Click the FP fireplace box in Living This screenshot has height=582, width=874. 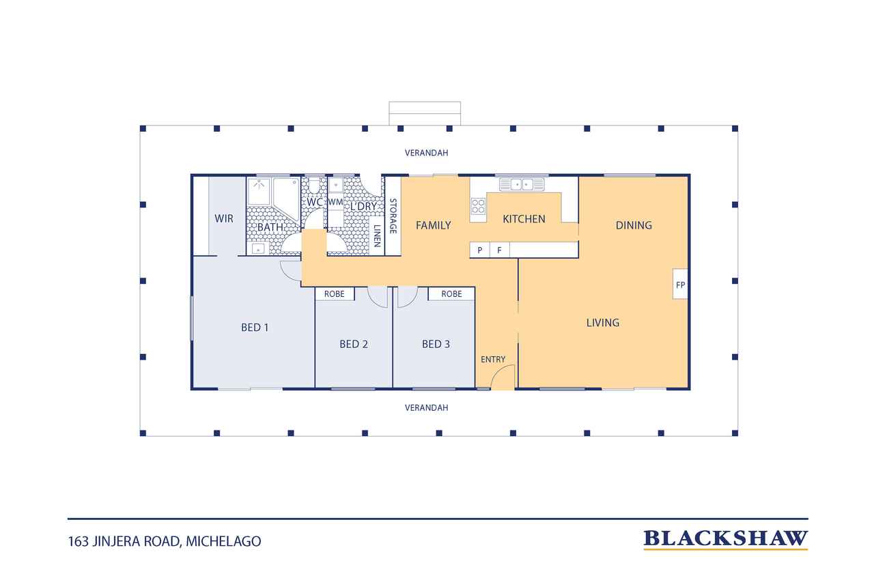tap(680, 285)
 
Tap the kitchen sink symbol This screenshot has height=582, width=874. tap(522, 184)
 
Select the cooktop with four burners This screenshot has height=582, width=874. tap(478, 206)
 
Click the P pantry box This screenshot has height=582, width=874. tap(479, 250)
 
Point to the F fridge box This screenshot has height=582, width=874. tap(499, 250)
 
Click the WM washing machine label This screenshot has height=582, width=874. tap(335, 203)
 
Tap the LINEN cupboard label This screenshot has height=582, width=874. tap(377, 236)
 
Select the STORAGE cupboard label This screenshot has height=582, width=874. tap(393, 216)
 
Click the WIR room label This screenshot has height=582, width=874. tap(224, 219)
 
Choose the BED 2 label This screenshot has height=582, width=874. tap(354, 344)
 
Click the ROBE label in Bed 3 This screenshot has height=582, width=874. tap(451, 294)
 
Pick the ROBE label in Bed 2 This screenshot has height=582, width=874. tap(335, 294)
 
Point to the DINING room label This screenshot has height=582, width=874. tap(634, 225)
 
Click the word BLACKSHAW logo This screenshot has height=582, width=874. tap(725, 539)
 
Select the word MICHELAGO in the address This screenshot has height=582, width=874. tap(223, 542)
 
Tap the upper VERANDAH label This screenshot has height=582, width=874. tap(427, 153)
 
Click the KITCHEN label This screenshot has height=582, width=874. tap(524, 219)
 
